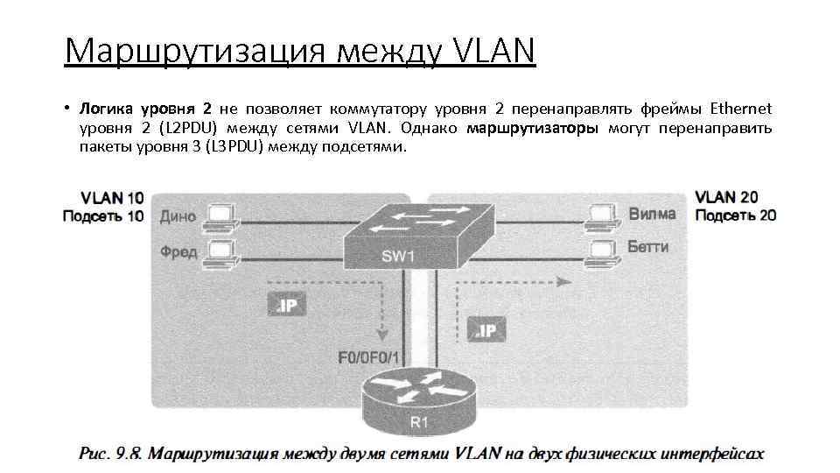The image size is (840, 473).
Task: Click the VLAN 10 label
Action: [x=113, y=198]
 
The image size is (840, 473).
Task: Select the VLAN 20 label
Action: [x=727, y=198]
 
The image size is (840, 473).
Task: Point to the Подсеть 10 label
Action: [x=103, y=215]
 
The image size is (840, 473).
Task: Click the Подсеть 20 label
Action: [x=735, y=215]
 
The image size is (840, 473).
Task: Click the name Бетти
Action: [x=647, y=247]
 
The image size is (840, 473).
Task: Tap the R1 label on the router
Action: [x=420, y=423]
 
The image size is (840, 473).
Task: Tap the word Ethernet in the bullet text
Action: [x=740, y=109]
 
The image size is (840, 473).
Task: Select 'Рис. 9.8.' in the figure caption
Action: [x=111, y=454]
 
